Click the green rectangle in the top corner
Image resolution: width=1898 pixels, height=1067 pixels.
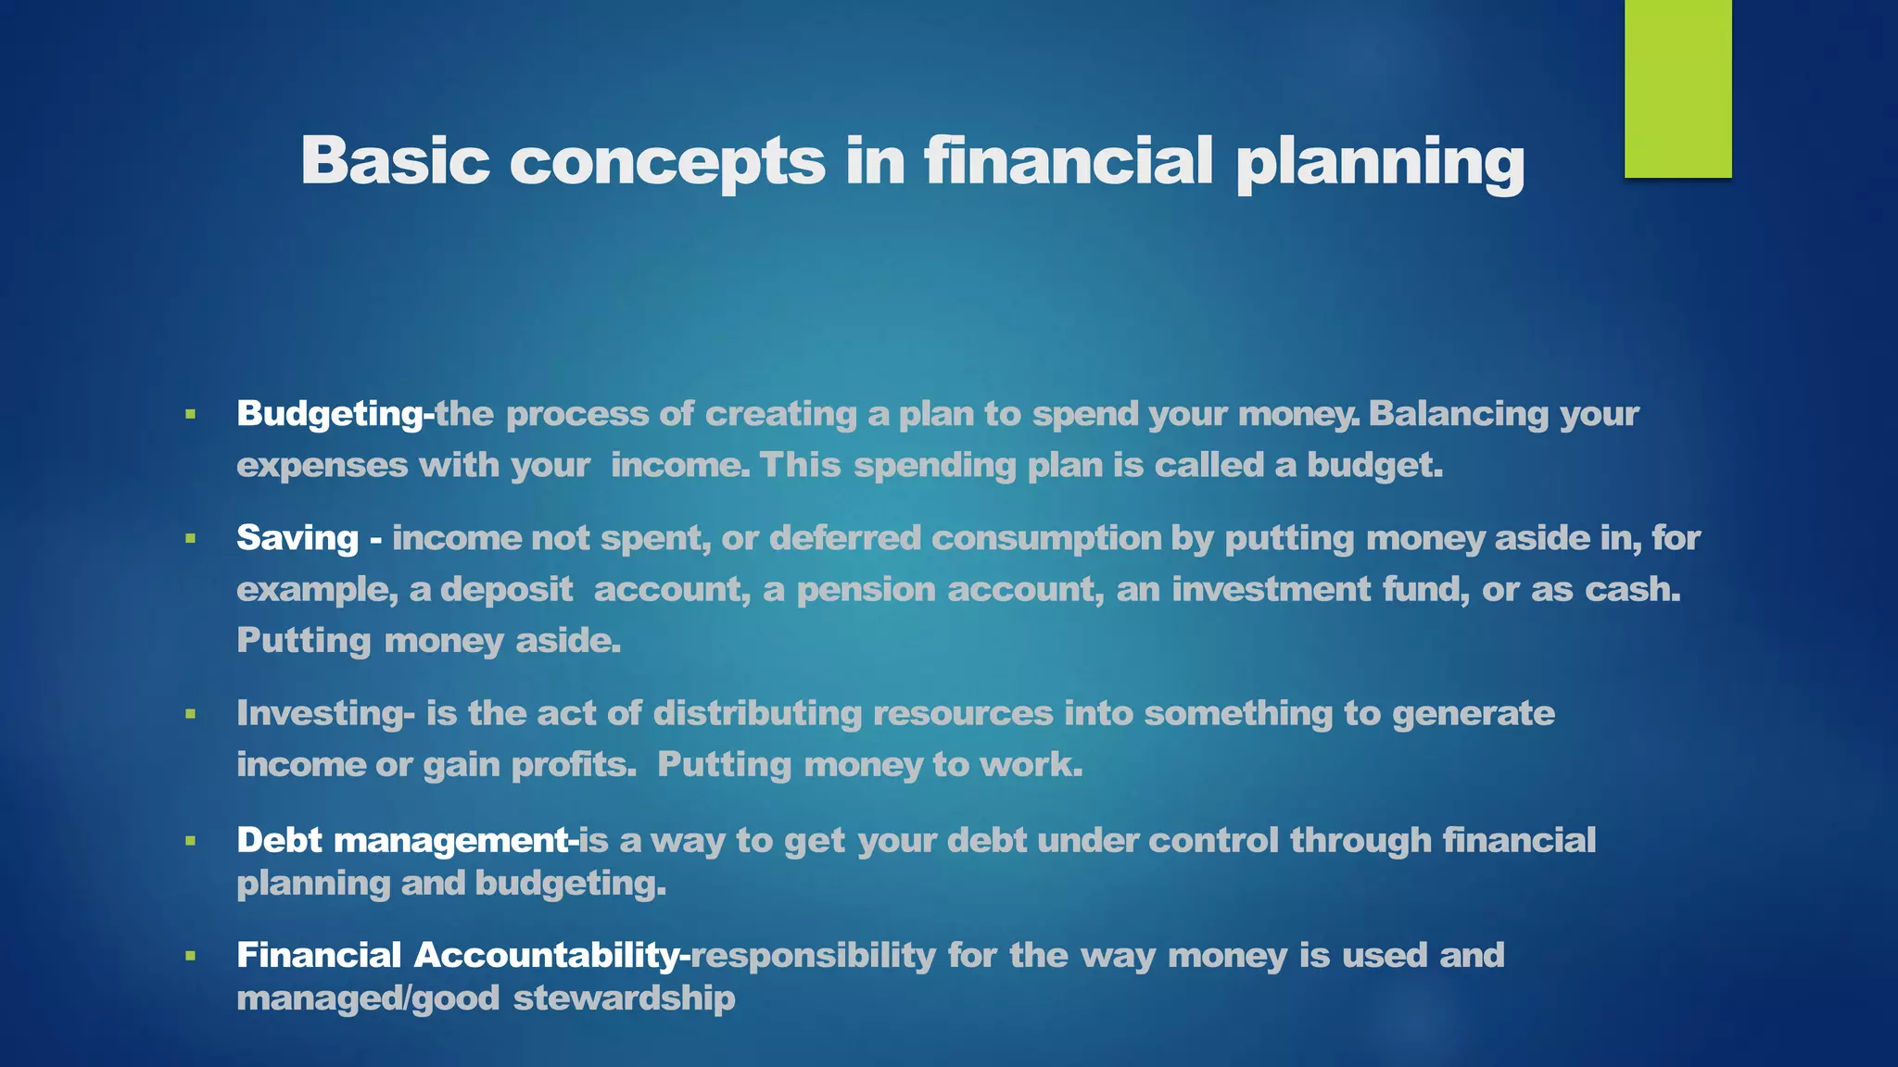pos(1677,89)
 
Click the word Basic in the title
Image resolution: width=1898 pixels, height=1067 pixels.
pos(395,161)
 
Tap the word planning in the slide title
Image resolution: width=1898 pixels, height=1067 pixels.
pos(1380,163)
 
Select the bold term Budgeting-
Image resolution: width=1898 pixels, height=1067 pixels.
pos(335,414)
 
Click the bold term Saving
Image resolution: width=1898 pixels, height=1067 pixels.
pos(297,538)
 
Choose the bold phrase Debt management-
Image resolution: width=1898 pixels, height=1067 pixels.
pos(407,840)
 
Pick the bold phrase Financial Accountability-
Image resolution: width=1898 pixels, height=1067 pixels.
pos(462,955)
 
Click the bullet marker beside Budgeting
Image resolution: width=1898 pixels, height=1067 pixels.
pos(190,414)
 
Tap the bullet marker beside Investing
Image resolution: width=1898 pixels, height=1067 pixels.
pos(190,714)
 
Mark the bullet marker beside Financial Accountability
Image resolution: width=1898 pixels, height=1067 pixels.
pos(190,955)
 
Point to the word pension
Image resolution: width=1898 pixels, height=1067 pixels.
pos(866,590)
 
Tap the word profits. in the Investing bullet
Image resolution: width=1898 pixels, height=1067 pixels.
pos(574,765)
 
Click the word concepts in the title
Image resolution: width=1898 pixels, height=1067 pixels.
pos(666,161)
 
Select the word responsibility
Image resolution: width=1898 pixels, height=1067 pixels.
pos(813,955)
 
